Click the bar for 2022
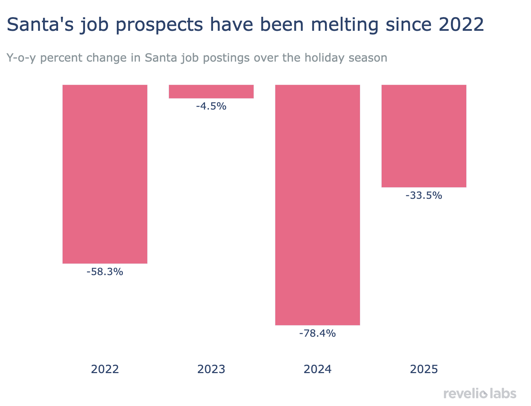(105, 174)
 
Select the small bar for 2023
(211, 91)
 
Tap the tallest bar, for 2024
(318, 205)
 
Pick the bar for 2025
(424, 136)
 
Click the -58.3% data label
(105, 272)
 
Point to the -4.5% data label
(211, 106)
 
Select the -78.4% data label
(318, 334)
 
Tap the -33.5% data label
(424, 196)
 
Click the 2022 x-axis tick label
(105, 369)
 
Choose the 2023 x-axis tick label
(211, 369)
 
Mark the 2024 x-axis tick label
(318, 369)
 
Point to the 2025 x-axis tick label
(424, 369)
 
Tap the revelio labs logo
(480, 393)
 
